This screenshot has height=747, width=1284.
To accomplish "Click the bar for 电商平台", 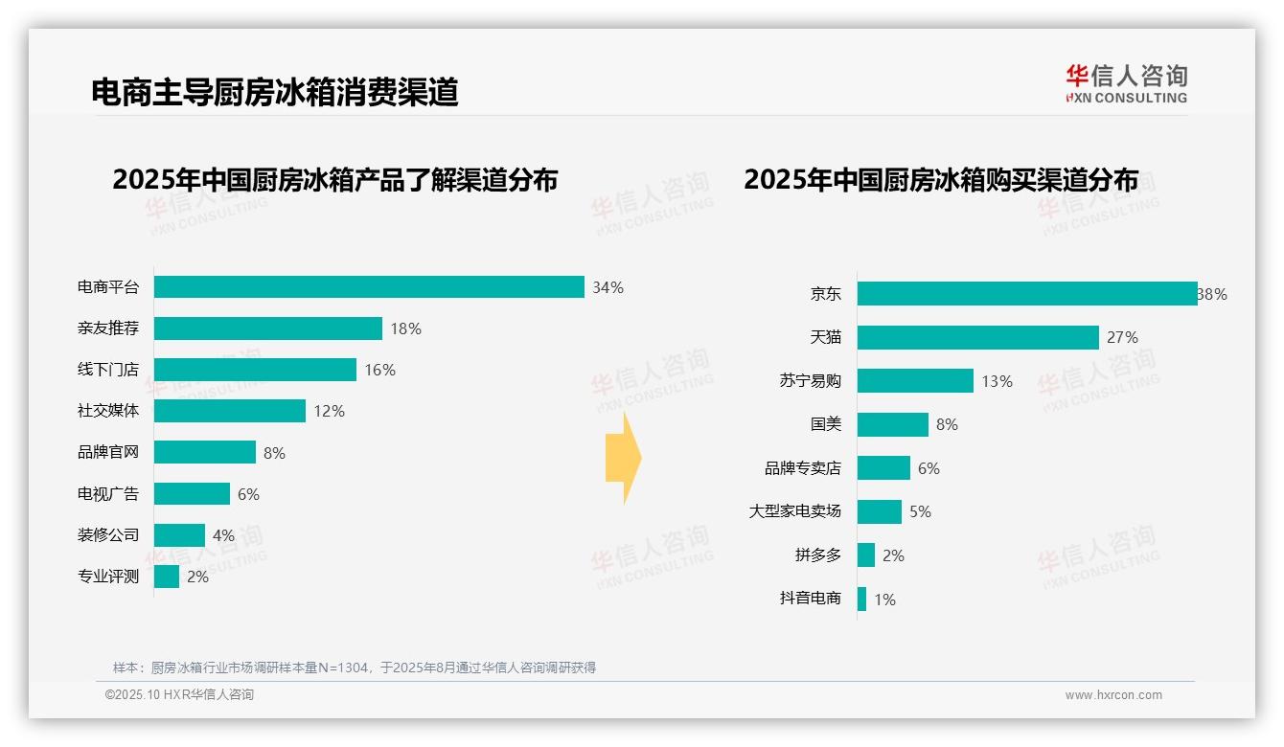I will [x=369, y=287].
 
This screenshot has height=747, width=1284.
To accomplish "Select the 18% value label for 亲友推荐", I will [x=405, y=328].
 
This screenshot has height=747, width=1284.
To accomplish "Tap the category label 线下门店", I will [x=108, y=370].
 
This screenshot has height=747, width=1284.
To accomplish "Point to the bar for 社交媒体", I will [x=230, y=411].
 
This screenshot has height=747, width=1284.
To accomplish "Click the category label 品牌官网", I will [x=108, y=452].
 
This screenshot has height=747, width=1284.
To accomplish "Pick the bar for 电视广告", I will [x=192, y=493].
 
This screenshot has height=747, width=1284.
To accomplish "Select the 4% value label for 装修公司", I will [x=223, y=535].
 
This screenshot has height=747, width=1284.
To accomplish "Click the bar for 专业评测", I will [x=167, y=577].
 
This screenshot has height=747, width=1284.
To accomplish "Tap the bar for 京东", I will [x=1027, y=294].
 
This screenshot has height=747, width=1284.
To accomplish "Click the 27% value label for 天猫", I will [x=1122, y=337].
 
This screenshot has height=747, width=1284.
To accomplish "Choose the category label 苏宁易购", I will [x=810, y=381].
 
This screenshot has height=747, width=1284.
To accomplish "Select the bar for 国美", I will [x=893, y=424].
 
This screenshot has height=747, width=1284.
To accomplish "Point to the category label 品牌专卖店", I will [x=802, y=468].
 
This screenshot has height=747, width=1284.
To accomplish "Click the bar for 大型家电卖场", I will [x=880, y=511].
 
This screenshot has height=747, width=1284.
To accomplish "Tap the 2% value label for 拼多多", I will [x=893, y=555].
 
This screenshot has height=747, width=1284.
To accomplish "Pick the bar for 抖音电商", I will [x=862, y=600].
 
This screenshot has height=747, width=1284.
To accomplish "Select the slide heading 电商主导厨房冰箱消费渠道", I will [x=275, y=92].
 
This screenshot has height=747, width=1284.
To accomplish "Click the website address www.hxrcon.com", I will [x=1113, y=695].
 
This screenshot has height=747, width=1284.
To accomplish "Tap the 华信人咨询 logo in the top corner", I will [x=1126, y=83].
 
